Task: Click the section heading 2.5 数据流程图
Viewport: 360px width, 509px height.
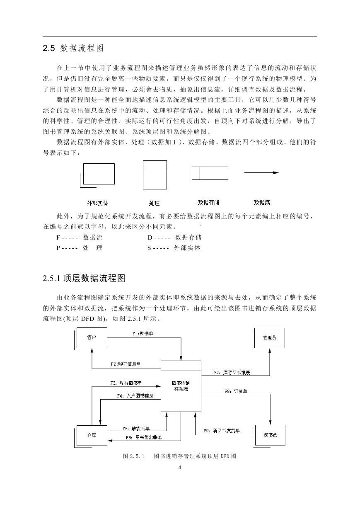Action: (x=73, y=48)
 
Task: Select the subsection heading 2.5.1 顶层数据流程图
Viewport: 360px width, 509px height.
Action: (x=84, y=278)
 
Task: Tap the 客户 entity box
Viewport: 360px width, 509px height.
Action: (x=92, y=338)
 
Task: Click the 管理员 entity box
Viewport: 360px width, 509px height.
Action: (x=269, y=338)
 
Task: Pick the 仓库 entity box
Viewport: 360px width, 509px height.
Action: (x=92, y=435)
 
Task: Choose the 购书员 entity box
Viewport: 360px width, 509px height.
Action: (x=270, y=435)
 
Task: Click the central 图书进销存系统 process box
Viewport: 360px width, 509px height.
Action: (x=181, y=386)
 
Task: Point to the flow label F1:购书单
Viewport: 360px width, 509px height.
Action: (x=143, y=334)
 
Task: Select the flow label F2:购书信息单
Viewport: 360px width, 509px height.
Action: (x=126, y=364)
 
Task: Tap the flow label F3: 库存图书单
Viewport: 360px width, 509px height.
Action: (x=126, y=383)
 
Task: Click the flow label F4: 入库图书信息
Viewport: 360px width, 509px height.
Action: (x=135, y=396)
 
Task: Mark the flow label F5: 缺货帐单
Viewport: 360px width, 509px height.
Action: (x=136, y=429)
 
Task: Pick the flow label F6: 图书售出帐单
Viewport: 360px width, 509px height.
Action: (x=144, y=437)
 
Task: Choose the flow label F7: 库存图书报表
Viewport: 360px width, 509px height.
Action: (x=232, y=373)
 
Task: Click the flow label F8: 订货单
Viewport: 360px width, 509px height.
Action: (x=236, y=391)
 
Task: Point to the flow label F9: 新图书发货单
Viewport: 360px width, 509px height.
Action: (x=222, y=431)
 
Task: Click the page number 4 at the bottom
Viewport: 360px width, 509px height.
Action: (x=180, y=468)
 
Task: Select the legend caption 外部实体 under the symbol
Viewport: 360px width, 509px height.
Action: (x=97, y=203)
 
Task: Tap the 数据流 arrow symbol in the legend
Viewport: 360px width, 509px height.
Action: (x=261, y=172)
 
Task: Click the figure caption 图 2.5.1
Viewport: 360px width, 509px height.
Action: (x=133, y=456)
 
